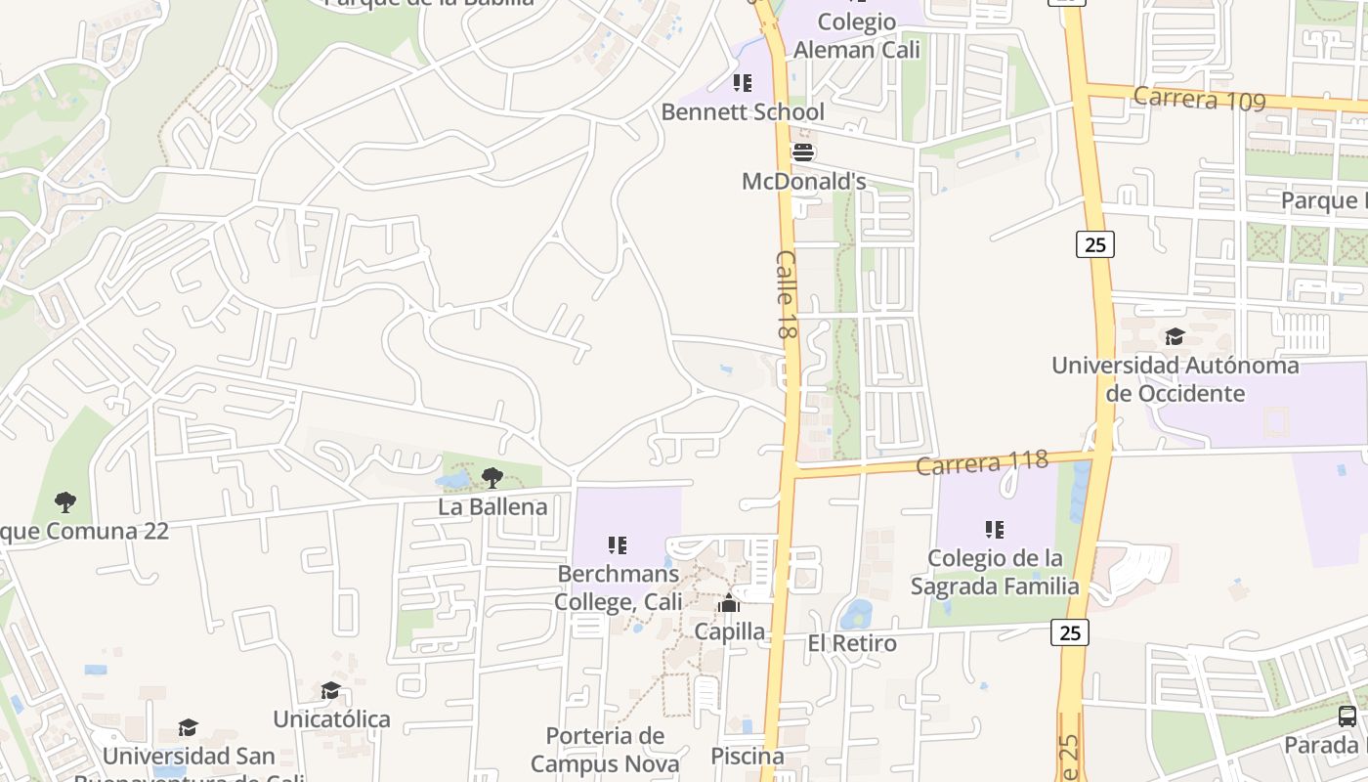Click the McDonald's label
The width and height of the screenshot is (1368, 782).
(x=803, y=182)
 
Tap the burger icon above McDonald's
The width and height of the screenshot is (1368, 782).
(x=803, y=152)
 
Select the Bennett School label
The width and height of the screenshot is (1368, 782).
(x=743, y=111)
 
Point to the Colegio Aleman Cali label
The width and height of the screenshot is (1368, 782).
(x=857, y=35)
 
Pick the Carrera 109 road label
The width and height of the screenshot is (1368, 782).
(x=1199, y=99)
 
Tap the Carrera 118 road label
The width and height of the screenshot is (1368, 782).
(x=982, y=462)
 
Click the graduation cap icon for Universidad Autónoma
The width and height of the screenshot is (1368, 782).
(x=1175, y=337)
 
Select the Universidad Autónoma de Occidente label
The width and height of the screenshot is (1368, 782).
(x=1175, y=379)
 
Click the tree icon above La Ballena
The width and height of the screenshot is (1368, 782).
(x=492, y=478)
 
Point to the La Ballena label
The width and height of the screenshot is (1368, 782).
(x=492, y=506)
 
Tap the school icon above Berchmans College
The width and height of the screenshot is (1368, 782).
(x=617, y=544)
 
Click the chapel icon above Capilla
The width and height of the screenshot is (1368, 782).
(x=729, y=603)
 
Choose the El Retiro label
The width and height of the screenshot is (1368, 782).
(x=852, y=643)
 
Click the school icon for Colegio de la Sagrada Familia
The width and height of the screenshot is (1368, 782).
(x=995, y=530)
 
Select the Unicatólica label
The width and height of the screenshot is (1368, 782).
(x=331, y=719)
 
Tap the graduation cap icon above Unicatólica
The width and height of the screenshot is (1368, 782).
(x=331, y=691)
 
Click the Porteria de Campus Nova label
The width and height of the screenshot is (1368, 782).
(x=605, y=750)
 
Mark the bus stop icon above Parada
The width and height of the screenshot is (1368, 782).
(x=1347, y=717)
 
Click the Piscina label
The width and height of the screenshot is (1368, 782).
(x=748, y=756)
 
